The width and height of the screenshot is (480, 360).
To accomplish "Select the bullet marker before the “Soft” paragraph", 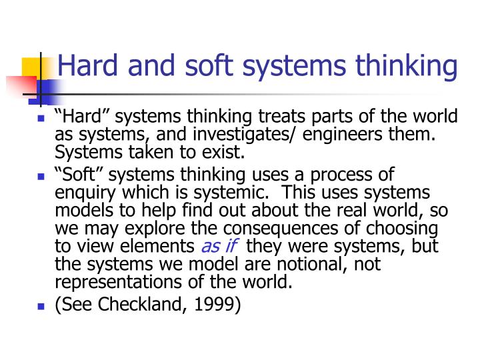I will coord(41,178).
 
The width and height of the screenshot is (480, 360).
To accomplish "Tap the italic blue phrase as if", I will coord(219,247).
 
